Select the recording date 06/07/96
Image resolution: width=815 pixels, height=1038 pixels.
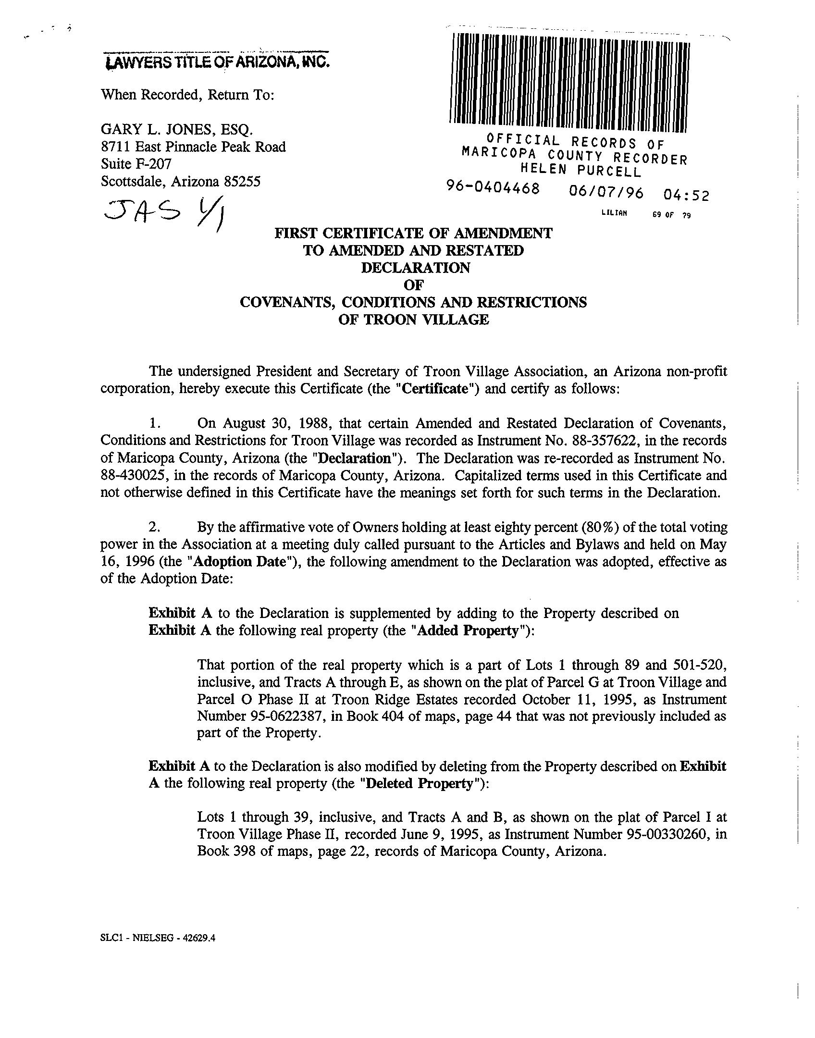tap(605, 192)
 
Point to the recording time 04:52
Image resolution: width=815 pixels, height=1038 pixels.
tap(686, 195)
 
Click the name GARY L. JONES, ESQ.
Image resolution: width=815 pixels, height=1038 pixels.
tap(176, 129)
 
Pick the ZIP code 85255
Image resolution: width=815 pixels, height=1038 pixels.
tap(243, 182)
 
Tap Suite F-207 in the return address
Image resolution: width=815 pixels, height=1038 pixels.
tap(136, 164)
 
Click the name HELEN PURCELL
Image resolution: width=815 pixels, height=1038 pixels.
tap(581, 170)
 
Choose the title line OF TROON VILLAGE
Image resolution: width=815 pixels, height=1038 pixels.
tap(413, 320)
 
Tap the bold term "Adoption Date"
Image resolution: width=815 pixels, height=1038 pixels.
tap(239, 562)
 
